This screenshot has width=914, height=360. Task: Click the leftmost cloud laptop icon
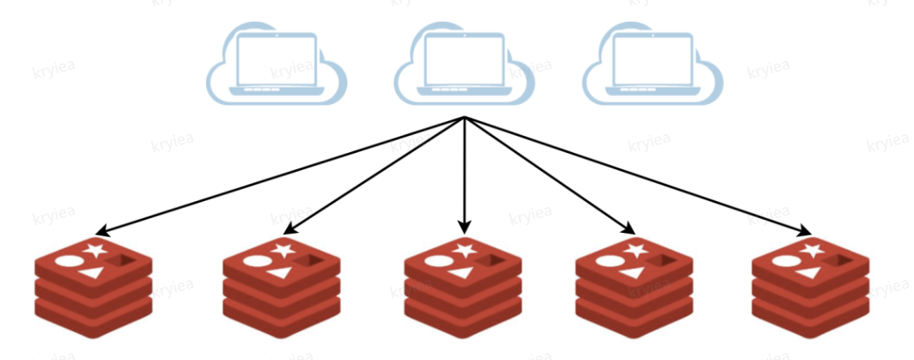point(277,64)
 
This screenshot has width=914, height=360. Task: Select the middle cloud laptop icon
point(464,64)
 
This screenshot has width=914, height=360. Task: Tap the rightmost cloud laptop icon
point(653,64)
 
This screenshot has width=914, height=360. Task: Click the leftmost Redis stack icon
point(93,288)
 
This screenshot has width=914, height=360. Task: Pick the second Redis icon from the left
point(282,288)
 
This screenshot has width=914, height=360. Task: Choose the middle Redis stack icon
point(464,288)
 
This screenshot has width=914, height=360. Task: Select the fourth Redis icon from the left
point(634,288)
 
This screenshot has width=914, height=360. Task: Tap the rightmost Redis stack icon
point(810,288)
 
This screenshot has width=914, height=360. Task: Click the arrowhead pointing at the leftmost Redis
point(101,231)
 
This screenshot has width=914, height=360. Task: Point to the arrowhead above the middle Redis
point(465,229)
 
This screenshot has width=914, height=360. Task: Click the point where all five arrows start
point(465,117)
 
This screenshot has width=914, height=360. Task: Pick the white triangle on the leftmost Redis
point(88,272)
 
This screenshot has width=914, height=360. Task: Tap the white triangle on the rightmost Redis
point(807,272)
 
